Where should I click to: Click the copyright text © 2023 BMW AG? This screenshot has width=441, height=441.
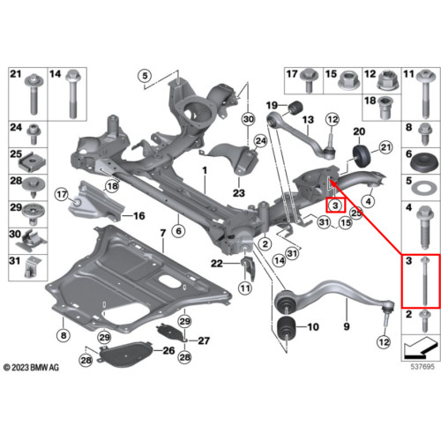31,368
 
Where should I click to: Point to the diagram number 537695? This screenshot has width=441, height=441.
422,367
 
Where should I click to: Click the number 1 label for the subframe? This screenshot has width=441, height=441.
205,170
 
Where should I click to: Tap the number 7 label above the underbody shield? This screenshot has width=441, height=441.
163,234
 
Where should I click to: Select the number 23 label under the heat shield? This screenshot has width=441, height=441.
239,193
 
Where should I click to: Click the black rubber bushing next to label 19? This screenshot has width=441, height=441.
295,107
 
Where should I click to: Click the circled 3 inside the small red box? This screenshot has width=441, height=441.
335,206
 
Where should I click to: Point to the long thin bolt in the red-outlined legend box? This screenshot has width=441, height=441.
424,280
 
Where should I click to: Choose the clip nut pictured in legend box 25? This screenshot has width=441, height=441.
33,162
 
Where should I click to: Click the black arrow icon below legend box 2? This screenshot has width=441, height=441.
421,348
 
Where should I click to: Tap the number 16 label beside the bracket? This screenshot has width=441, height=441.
139,216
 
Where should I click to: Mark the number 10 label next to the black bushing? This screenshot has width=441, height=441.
313,327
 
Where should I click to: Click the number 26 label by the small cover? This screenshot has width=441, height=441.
168,350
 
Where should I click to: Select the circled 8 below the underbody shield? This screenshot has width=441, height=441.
64,335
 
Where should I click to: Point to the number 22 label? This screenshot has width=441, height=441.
217,264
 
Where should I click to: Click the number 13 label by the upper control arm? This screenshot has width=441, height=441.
308,120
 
